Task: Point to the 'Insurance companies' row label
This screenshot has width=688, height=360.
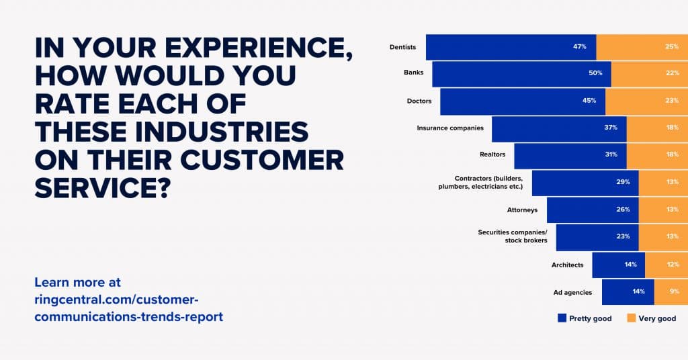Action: click(x=450, y=128)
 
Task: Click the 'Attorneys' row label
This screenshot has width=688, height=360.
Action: click(x=522, y=210)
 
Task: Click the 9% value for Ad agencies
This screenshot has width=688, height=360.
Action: click(x=674, y=291)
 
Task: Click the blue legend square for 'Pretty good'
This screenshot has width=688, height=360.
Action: click(x=562, y=318)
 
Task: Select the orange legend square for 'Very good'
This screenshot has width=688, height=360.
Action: click(x=631, y=318)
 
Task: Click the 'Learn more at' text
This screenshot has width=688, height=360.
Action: click(x=77, y=282)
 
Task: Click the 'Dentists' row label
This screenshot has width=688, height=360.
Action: click(x=402, y=47)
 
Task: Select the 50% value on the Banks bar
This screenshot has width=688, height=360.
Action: click(x=595, y=73)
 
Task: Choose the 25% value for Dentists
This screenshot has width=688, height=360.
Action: click(x=670, y=47)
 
